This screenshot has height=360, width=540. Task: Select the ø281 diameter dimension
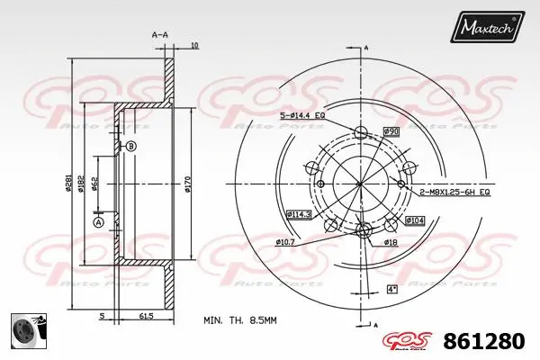(68, 184)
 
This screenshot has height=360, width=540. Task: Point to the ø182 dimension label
(82, 184)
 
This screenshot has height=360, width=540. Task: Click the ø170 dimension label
(188, 184)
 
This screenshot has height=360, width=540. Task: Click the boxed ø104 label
(414, 220)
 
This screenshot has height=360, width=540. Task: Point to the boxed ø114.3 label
(299, 213)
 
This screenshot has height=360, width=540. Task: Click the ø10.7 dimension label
(285, 242)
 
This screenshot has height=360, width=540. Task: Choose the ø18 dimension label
(391, 242)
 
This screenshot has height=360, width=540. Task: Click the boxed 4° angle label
(391, 288)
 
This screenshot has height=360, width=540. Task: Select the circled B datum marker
(130, 147)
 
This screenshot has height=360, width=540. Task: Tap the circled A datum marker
(98, 221)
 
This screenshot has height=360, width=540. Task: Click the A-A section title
(160, 34)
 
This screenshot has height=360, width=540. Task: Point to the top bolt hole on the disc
(361, 133)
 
